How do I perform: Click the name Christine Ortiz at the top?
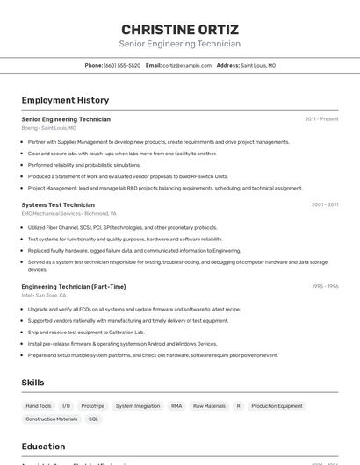point(179,29)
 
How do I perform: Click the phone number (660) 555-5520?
point(122,65)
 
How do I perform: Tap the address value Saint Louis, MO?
point(258,65)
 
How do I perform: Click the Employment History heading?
point(65,100)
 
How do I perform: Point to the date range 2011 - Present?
point(321,118)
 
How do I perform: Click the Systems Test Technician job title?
point(58,204)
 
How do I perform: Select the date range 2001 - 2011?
point(324,204)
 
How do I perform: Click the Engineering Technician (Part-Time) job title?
point(73,286)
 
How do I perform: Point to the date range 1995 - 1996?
point(324,286)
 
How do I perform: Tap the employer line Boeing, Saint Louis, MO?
point(48,127)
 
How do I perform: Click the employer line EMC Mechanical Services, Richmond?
point(68,213)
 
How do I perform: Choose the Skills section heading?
point(32,383)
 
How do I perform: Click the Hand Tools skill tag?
point(39,406)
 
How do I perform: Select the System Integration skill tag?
point(138,406)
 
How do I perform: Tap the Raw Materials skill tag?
point(209,406)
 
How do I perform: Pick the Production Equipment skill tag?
point(277,406)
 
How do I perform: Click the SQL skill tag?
point(93,419)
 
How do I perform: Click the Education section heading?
point(43,446)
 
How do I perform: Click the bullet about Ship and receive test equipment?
point(86,333)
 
